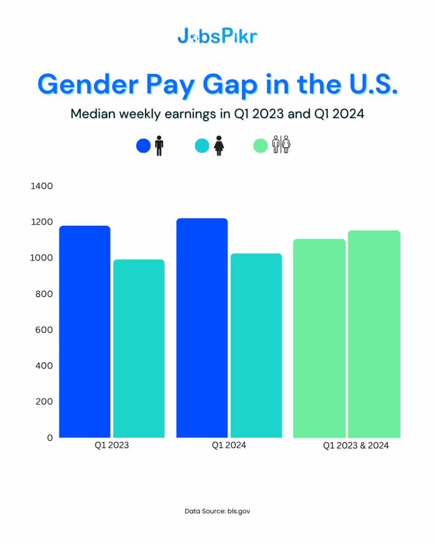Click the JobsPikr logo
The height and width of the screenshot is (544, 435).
(x=217, y=36)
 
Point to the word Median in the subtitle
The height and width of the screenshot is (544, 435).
(x=93, y=114)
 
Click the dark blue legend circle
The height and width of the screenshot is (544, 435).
(x=143, y=146)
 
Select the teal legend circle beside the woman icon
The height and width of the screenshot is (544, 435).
(x=202, y=146)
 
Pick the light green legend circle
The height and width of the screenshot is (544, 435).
(x=260, y=146)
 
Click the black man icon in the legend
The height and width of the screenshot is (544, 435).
(x=159, y=146)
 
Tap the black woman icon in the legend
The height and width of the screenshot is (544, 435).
(x=218, y=146)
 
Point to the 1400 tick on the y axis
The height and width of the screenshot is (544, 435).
(x=42, y=186)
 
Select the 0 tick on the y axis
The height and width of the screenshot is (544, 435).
(x=50, y=438)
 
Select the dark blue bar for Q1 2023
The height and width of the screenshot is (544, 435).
(x=85, y=332)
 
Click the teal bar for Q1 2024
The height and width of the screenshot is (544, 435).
(x=256, y=345)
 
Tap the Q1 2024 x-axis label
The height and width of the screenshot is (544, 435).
(x=229, y=446)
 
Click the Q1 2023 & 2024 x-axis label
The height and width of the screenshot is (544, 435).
(x=356, y=446)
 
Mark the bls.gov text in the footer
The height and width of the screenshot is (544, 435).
(x=238, y=511)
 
